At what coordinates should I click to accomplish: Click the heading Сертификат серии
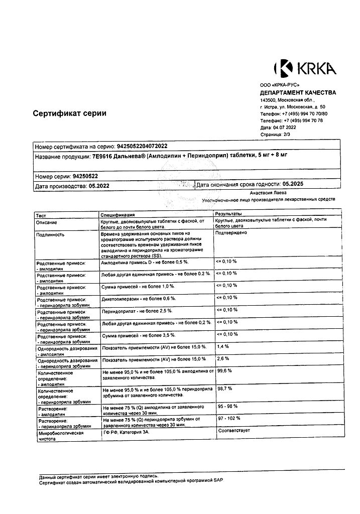click(69, 113)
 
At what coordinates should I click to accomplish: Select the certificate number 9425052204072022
click(142, 146)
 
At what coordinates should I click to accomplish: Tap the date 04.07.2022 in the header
click(284, 127)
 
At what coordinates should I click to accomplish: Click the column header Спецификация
click(118, 214)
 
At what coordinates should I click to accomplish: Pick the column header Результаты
click(228, 214)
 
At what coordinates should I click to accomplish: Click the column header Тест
click(41, 214)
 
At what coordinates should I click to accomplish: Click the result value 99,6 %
click(224, 370)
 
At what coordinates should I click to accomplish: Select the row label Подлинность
click(50, 234)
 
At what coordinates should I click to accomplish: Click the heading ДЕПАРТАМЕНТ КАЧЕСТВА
click(298, 93)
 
